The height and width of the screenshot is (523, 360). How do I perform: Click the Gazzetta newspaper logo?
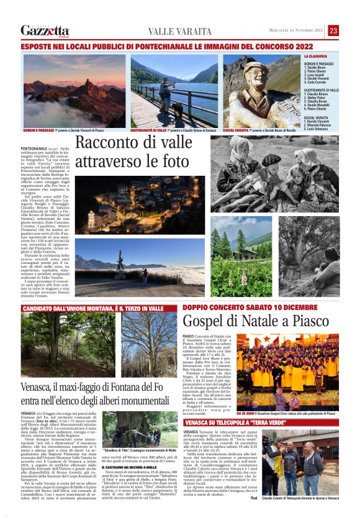[x=45, y=30]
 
